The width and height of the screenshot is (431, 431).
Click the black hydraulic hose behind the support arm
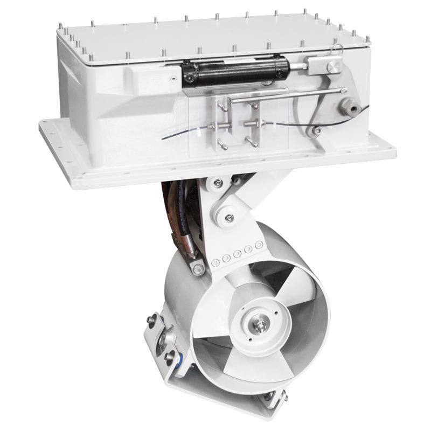[x=180, y=215]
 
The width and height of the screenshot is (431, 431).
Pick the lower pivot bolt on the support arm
[x=230, y=218]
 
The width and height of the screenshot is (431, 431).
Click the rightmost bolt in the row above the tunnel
[x=259, y=245]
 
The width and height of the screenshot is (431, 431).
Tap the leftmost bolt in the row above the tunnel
[x=215, y=262]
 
